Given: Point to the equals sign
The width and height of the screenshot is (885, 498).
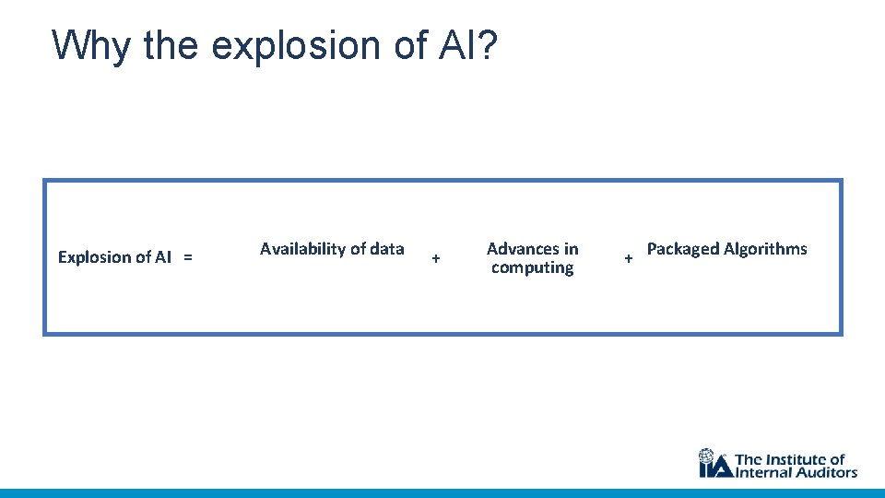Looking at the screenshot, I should [x=188, y=257].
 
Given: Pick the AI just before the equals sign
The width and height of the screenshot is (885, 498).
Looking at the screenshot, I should [x=162, y=257].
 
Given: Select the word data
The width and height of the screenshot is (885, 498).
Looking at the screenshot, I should [x=386, y=249].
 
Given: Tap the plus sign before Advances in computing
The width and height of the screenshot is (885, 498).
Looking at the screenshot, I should [x=436, y=259].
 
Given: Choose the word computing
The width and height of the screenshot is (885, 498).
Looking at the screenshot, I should [x=532, y=268].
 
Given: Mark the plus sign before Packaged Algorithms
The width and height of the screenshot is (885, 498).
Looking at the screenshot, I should [x=629, y=259].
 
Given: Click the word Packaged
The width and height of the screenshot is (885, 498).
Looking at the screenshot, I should [x=683, y=249].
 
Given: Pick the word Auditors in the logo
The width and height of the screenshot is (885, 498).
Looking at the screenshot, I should [x=828, y=472].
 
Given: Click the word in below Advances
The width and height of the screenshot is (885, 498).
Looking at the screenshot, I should [x=571, y=249].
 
